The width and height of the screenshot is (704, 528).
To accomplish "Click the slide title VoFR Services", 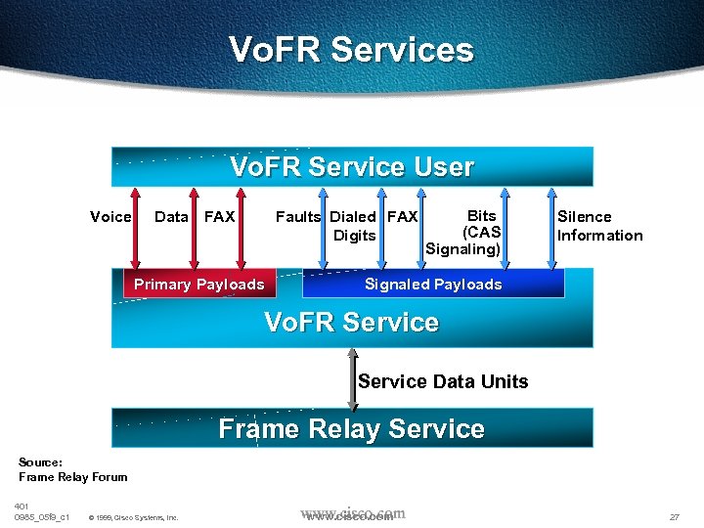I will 351,50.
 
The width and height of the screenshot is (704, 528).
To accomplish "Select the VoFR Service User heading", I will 352,167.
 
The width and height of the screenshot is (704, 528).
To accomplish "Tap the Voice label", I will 110,217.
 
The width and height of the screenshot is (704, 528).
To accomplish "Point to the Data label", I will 171,217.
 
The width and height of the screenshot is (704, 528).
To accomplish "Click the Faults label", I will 298,217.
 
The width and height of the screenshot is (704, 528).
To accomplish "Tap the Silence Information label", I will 599,226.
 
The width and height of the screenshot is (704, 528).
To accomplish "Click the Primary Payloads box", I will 199,285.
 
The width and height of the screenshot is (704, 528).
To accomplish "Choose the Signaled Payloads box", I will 433,285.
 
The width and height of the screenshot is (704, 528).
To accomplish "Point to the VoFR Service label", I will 352,323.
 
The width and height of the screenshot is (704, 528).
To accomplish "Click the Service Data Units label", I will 443,381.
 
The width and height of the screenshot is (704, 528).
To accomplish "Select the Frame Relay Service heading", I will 352,429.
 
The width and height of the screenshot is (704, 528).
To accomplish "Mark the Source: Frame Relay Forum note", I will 72,469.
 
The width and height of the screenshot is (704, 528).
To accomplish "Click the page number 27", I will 674,516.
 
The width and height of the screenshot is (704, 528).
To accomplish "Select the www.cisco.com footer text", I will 352,514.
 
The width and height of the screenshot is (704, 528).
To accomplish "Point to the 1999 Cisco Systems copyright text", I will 133,517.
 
